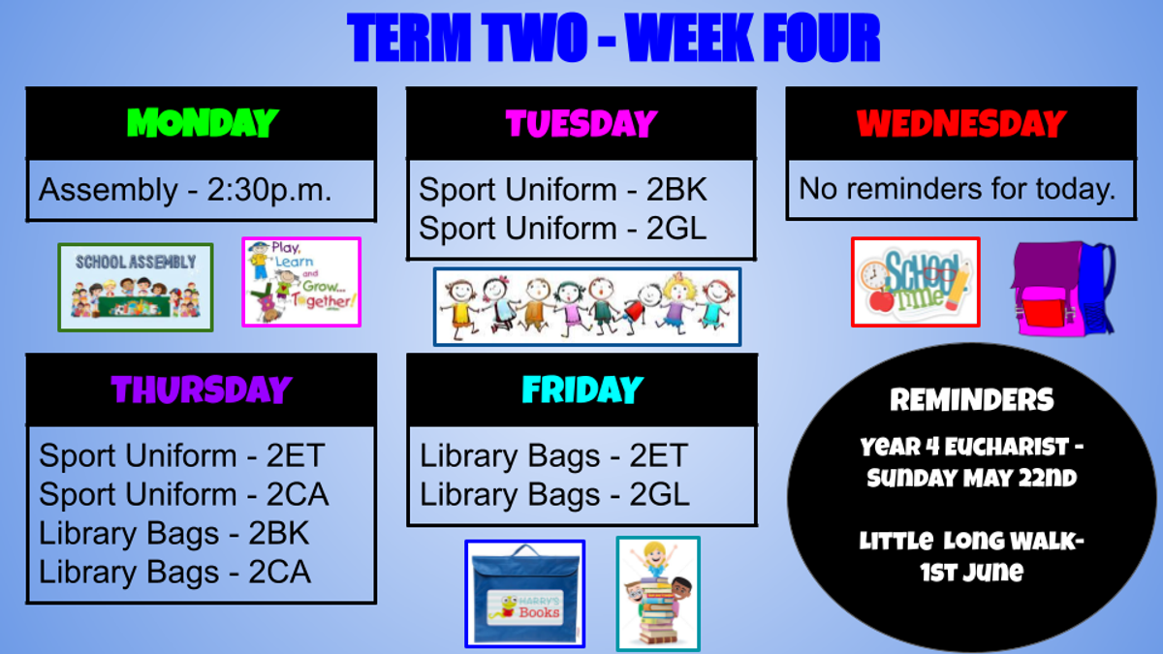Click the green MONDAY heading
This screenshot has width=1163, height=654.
point(203,123)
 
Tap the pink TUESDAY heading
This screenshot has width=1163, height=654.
point(581,124)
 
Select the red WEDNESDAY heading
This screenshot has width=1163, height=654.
point(961,124)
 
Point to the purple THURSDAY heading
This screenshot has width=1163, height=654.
point(202,389)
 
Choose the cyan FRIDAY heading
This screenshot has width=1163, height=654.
point(582,389)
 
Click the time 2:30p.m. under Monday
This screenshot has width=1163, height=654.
point(269,190)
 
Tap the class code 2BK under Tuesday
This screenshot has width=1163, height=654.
point(676,189)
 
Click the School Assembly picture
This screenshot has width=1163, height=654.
point(136,287)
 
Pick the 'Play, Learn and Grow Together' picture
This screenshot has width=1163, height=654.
point(301,282)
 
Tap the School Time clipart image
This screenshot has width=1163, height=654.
point(915,282)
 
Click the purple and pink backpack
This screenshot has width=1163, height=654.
point(1063,289)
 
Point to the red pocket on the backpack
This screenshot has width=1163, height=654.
point(1044,309)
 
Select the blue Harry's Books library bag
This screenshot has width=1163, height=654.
point(525,594)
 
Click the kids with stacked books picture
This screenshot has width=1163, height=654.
point(658,594)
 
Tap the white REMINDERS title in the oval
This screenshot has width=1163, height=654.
point(972,399)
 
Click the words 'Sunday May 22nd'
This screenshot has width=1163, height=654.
point(972,478)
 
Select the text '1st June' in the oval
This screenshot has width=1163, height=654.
point(972,572)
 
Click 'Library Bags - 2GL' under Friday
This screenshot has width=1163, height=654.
point(554,494)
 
